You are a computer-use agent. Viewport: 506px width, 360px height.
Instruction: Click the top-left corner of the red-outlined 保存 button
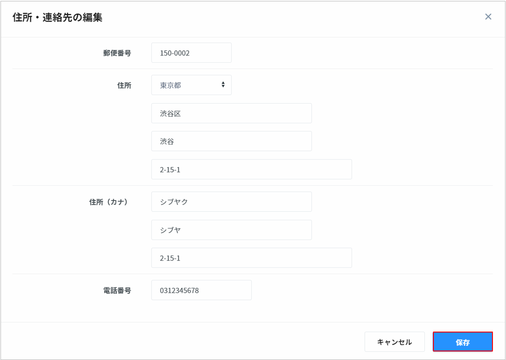point(433,332)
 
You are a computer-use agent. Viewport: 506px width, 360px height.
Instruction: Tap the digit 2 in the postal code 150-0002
point(187,53)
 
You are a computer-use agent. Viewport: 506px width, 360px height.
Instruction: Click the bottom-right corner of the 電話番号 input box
point(252,300)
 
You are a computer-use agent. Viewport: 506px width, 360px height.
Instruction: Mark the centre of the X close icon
point(488,17)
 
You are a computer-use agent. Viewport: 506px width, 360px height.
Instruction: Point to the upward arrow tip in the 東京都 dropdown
point(223,82)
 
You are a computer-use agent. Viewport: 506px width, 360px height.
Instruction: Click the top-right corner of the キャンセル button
point(425,332)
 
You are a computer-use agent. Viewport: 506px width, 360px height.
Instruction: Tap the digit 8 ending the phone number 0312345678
point(197,291)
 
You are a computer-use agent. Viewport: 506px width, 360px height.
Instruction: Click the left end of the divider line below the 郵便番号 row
point(13,68)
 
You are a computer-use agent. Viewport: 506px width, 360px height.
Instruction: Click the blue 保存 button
point(463,342)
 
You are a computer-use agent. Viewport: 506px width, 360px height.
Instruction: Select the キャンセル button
point(395,342)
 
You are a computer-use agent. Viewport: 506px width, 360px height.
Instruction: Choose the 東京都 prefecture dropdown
point(191,85)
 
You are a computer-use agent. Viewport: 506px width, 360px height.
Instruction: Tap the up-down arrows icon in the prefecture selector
point(223,85)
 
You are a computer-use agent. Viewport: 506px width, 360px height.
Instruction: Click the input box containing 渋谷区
point(232,113)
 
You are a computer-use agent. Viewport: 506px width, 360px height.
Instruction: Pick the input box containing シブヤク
point(232,201)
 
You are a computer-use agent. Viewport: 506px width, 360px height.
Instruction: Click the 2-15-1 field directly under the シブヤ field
point(251,258)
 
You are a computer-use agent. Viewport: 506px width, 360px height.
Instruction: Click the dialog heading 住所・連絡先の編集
point(57,18)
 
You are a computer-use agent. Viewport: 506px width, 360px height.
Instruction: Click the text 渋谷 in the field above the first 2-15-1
point(167,141)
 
